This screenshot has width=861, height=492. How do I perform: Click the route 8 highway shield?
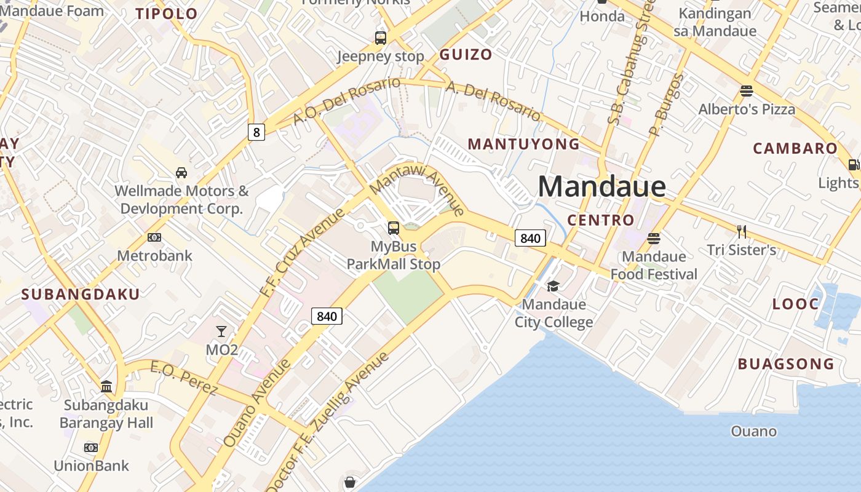click(256, 132)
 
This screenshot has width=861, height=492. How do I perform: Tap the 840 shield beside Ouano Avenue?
click(327, 316)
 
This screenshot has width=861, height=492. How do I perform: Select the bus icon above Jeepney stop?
click(381, 38)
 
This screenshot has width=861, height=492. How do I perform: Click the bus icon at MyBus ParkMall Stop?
click(394, 228)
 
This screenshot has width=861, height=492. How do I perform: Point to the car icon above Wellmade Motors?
click(181, 172)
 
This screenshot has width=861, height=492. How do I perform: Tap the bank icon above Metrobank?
click(154, 237)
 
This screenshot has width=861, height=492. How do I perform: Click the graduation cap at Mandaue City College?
click(553, 286)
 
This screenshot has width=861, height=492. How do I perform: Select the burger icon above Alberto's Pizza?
click(747, 91)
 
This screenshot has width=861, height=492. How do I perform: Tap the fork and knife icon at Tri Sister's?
click(742, 231)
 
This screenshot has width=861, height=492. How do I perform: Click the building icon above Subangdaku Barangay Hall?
click(106, 387)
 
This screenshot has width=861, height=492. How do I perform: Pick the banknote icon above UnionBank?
click(91, 447)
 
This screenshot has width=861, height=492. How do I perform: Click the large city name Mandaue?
click(601, 186)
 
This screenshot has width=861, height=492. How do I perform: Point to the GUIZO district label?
click(466, 54)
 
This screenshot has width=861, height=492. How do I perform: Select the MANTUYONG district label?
click(523, 144)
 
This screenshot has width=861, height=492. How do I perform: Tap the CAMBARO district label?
click(795, 148)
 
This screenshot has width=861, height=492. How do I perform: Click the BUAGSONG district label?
click(786, 363)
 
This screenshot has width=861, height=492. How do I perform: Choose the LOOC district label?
click(795, 304)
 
